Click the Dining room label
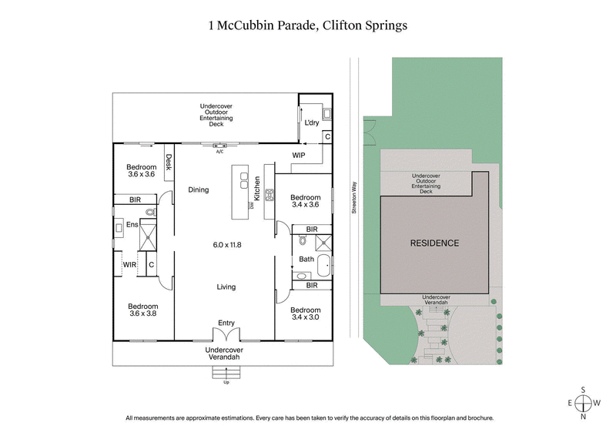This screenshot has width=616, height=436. tap(199, 189)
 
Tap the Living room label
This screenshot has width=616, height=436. tap(226, 287)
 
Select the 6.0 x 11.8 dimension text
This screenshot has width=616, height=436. tap(227, 245)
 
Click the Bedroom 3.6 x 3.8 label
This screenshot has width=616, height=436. tap(142, 310)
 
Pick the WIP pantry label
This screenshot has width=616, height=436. tap(300, 156)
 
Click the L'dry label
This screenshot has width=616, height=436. tap(312, 123)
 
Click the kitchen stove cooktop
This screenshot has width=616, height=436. tap(270, 196)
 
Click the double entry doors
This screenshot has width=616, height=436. tap(226, 336)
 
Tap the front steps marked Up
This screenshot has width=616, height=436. tap(226, 374)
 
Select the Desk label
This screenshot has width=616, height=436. tap(168, 163)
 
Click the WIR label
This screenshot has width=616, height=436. tap(129, 264)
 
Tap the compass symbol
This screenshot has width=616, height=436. tap(584, 403)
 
